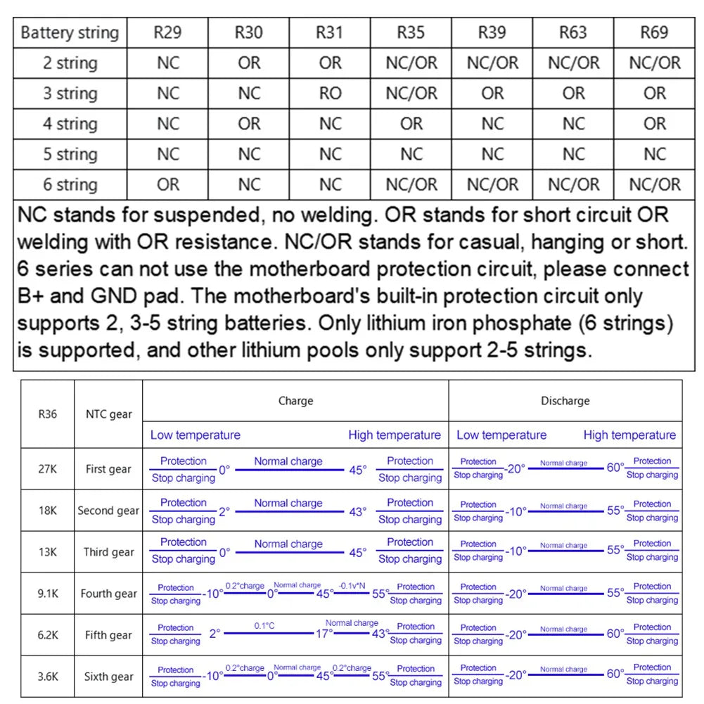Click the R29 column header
tap(167, 32)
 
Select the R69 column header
tap(654, 32)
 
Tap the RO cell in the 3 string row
tap(330, 93)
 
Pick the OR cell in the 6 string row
tap(167, 184)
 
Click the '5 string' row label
tap(70, 154)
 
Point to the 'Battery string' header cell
tap(70, 32)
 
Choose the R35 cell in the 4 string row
tap(411, 124)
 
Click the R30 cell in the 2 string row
tap(249, 63)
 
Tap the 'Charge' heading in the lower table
tap(295, 401)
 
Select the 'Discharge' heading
tap(565, 401)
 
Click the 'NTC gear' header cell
tap(108, 414)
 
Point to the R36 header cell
tap(48, 414)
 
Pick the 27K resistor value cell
tap(48, 469)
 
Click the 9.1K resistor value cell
tap(48, 594)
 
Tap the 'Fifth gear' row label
tap(108, 635)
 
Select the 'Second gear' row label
tap(108, 511)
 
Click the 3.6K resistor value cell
tap(48, 677)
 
